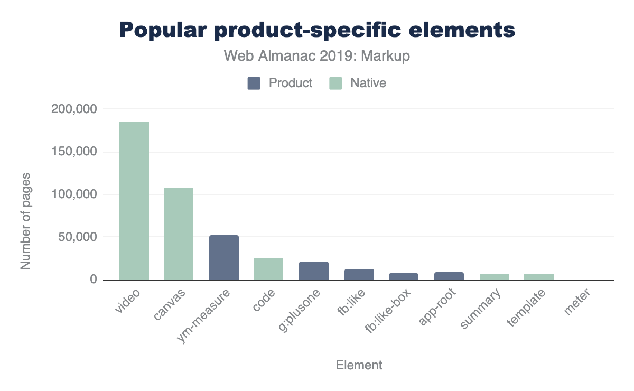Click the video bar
(x=134, y=201)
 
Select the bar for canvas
(x=179, y=234)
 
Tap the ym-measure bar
(x=224, y=257)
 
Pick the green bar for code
(x=268, y=269)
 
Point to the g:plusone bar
(x=314, y=271)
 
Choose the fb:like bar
(x=359, y=274)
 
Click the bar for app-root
(x=449, y=276)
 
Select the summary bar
(x=495, y=277)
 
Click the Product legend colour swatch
(x=254, y=83)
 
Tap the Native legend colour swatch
(x=335, y=83)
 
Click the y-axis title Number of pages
(x=25, y=221)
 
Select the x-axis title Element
(x=359, y=365)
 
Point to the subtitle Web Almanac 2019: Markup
(x=317, y=56)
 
